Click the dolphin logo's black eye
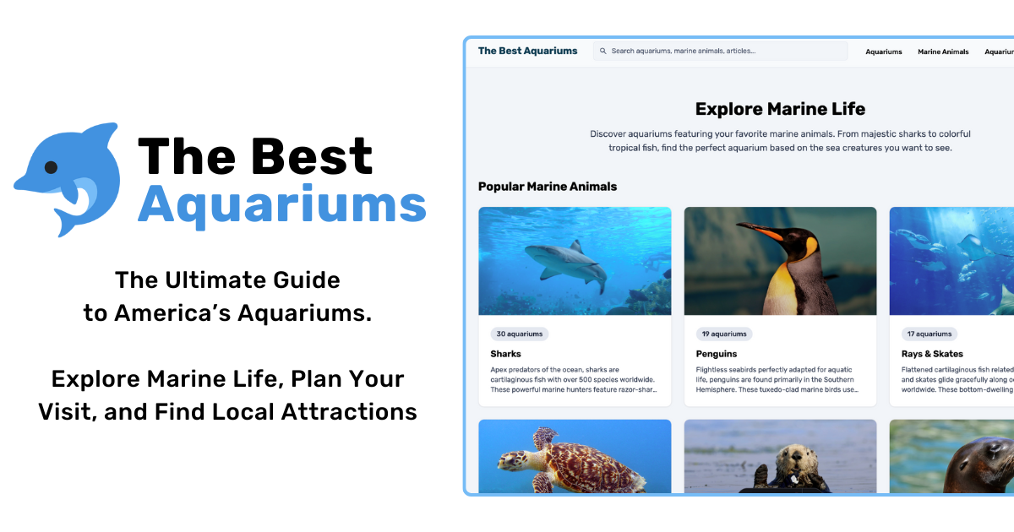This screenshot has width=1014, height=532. click(51, 166)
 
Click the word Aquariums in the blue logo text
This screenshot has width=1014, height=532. click(281, 204)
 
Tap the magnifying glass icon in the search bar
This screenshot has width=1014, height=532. click(602, 52)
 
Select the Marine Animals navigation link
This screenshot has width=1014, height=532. click(943, 52)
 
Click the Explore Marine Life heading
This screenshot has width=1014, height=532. click(780, 109)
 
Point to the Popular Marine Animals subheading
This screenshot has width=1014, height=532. click(548, 187)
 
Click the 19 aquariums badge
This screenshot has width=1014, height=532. click(724, 334)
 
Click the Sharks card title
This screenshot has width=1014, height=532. click(505, 354)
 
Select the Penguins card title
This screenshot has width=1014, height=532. click(717, 354)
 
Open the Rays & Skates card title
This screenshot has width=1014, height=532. click(932, 354)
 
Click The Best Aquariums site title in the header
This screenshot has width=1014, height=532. click(527, 52)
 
